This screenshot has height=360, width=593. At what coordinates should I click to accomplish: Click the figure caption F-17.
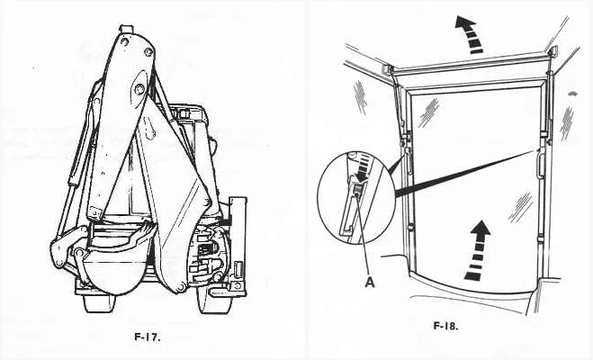(148, 337)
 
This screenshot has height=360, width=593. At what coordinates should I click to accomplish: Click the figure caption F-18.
(445, 326)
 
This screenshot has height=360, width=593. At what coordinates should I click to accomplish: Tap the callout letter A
(370, 282)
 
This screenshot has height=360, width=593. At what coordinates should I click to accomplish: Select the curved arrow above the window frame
(470, 34)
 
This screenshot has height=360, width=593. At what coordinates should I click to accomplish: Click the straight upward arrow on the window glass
(479, 250)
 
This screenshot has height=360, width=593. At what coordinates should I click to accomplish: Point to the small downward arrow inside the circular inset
(360, 171)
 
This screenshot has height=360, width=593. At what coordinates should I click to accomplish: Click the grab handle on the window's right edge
(540, 163)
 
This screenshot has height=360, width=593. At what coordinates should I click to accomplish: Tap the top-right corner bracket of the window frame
(553, 52)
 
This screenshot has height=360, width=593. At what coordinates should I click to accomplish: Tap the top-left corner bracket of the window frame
(388, 69)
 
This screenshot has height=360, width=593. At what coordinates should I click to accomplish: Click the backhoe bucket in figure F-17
(113, 261)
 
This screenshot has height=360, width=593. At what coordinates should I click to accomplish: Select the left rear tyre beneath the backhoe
(99, 303)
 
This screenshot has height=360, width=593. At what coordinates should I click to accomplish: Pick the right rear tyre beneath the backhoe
(213, 303)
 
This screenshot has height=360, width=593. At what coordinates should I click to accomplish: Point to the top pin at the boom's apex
(127, 29)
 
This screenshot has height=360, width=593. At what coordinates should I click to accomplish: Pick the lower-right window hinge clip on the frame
(541, 238)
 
